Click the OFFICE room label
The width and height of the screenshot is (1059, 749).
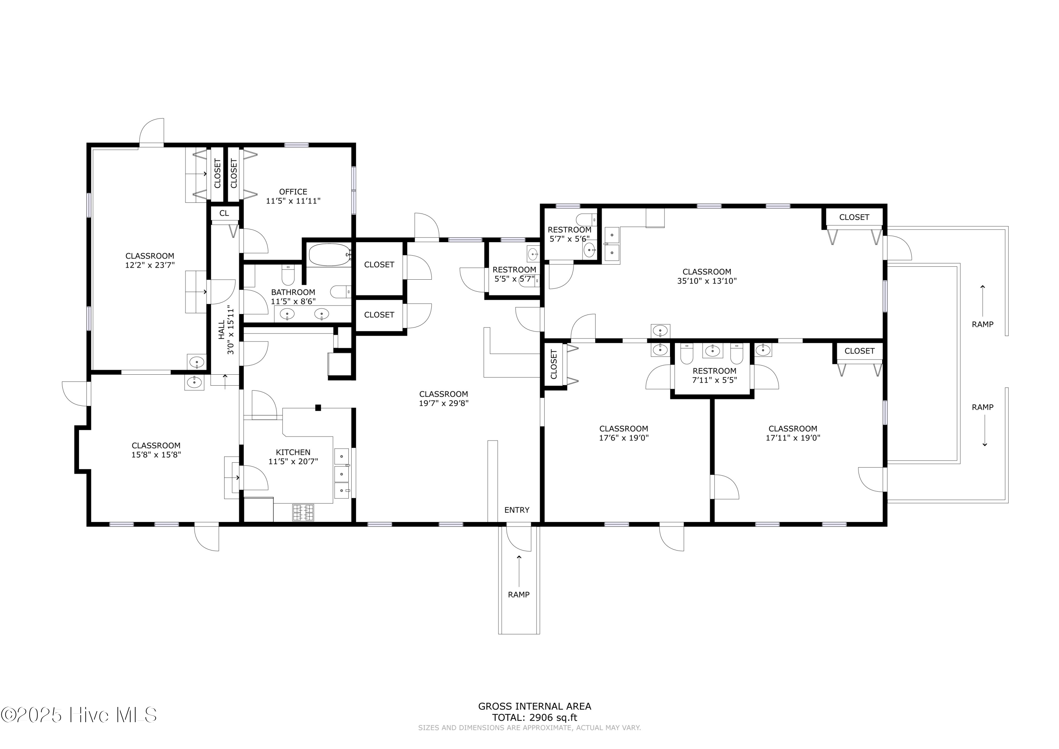pyautogui.click(x=293, y=191)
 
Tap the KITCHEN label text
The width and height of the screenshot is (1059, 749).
pyautogui.click(x=293, y=452)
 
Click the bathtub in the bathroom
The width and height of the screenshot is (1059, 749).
pyautogui.click(x=329, y=255)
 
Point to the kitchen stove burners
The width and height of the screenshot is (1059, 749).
pyautogui.click(x=303, y=513)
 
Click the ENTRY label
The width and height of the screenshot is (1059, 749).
pyautogui.click(x=516, y=510)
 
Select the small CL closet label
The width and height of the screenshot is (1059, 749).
pyautogui.click(x=224, y=213)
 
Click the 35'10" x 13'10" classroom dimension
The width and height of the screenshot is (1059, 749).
pyautogui.click(x=707, y=281)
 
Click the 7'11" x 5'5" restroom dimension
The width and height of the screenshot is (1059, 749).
pyautogui.click(x=714, y=380)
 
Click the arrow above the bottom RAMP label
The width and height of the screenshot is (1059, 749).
pyautogui.click(x=519, y=571)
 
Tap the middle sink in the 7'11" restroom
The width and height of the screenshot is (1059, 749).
pyautogui.click(x=713, y=351)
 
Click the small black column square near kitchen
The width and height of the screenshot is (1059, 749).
pyautogui.click(x=318, y=408)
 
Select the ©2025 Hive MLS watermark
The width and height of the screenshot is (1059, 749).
pyautogui.click(x=78, y=715)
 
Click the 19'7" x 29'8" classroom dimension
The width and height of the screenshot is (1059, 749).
pyautogui.click(x=444, y=403)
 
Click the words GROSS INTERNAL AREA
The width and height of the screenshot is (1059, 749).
pyautogui.click(x=534, y=706)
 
